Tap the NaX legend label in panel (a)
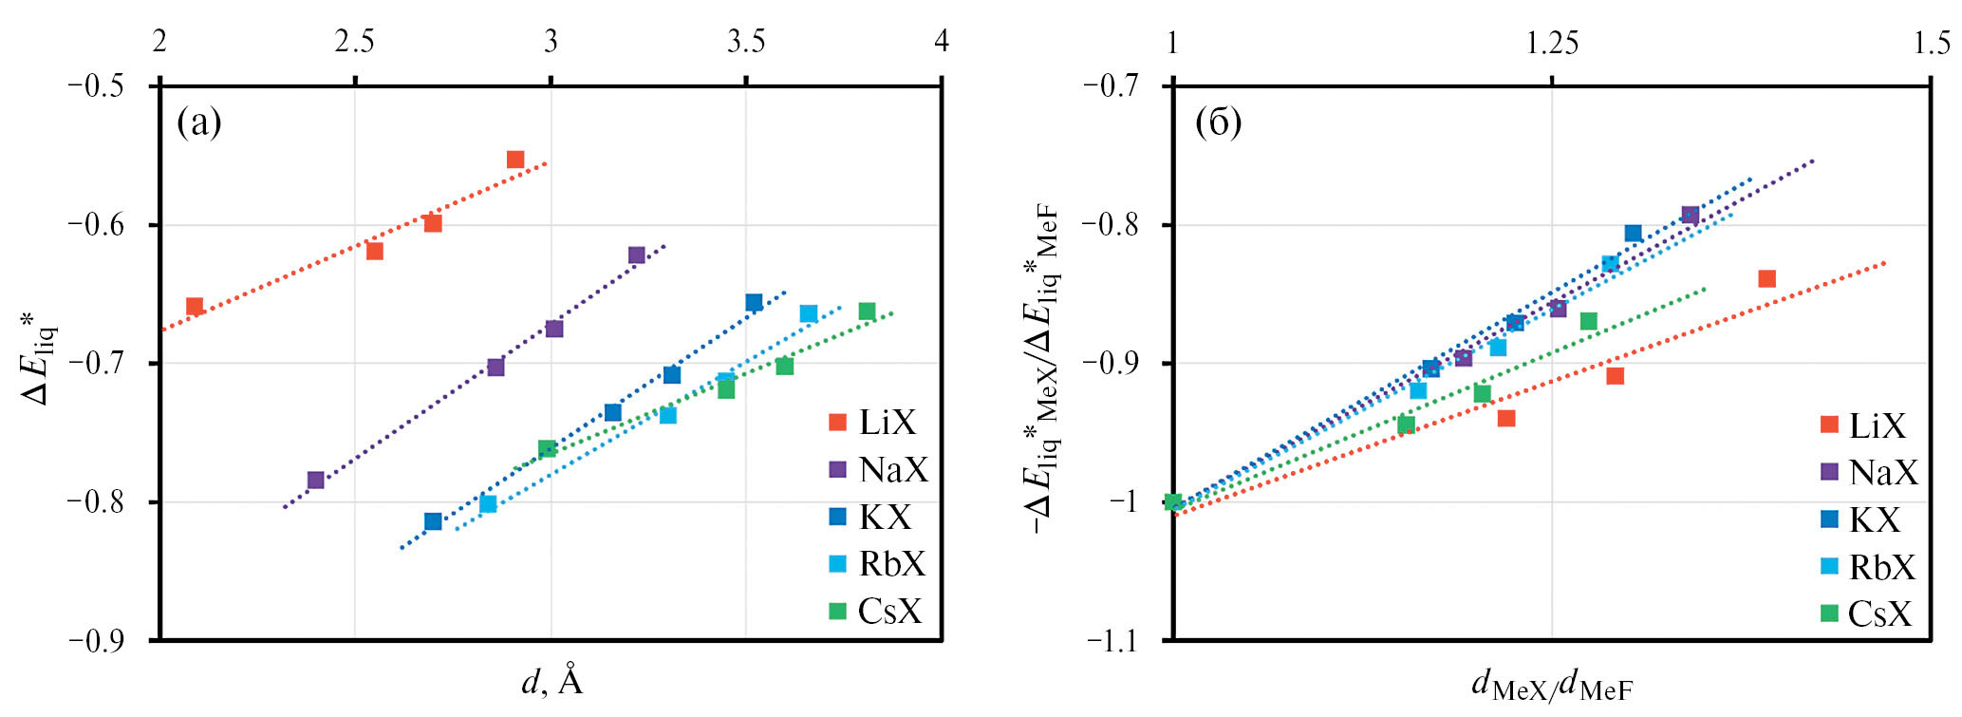pyautogui.click(x=892, y=470)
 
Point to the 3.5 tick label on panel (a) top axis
pyautogui.click(x=746, y=42)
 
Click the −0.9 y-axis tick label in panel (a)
pyautogui.click(x=98, y=641)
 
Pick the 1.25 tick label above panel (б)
pyautogui.click(x=1552, y=42)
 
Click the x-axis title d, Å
pyautogui.click(x=551, y=681)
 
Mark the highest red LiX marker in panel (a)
pyautogui.click(x=515, y=160)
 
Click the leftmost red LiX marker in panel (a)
pyautogui.click(x=195, y=306)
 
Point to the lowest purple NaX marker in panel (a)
pyautogui.click(x=316, y=481)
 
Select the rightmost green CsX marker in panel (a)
pyautogui.click(x=867, y=311)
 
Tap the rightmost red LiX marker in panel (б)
pyautogui.click(x=1766, y=278)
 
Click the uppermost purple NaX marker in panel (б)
pyautogui.click(x=1690, y=216)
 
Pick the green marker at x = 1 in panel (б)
pyautogui.click(x=1173, y=502)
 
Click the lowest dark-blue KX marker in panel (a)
pyautogui.click(x=433, y=521)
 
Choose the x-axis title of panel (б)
pyautogui.click(x=1552, y=684)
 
